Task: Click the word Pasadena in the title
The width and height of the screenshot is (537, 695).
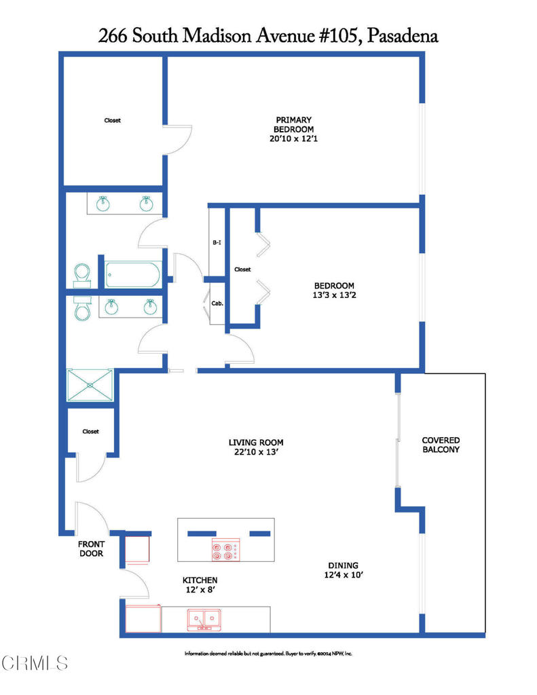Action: tap(402, 37)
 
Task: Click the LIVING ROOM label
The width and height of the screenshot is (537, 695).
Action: tap(256, 443)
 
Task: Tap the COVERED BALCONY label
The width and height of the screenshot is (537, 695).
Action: tap(441, 445)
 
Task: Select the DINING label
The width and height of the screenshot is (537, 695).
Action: tap(343, 565)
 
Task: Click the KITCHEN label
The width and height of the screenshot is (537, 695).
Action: tap(200, 580)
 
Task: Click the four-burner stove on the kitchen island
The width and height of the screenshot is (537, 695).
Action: tap(225, 550)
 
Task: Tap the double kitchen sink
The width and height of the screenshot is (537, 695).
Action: tap(204, 619)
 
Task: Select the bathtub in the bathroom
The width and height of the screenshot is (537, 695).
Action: tap(134, 275)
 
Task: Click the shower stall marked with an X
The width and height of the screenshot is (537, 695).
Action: tap(90, 387)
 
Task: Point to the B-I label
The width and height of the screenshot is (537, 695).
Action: tap(217, 242)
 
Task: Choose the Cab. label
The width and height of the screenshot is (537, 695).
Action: tap(217, 304)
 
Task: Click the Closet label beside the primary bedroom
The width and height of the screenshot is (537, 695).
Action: tap(112, 120)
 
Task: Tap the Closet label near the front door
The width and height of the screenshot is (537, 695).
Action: tap(90, 431)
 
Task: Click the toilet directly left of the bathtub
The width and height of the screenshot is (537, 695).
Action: tap(82, 274)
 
